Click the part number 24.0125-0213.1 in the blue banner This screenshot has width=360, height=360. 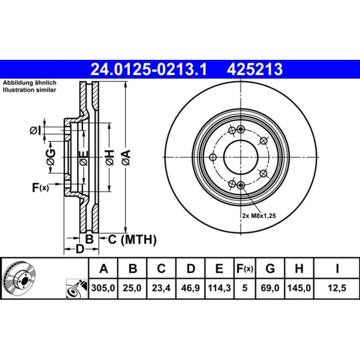[149, 69]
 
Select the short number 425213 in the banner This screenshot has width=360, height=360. [255, 69]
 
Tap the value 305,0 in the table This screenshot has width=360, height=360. [103, 288]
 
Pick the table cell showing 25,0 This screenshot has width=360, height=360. [132, 288]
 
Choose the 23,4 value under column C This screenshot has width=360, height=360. [161, 288]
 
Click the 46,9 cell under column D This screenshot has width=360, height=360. [190, 288]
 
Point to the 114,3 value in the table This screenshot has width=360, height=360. [219, 288]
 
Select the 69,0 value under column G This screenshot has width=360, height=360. [270, 288]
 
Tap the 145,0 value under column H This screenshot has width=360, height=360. [299, 288]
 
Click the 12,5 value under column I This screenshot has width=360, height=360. [337, 288]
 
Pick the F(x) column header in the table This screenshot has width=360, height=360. [245, 268]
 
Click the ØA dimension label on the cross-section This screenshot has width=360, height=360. [126, 157]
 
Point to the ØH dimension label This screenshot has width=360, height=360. [110, 157]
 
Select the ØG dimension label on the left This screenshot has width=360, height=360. [51, 157]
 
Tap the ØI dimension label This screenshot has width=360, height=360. [36, 130]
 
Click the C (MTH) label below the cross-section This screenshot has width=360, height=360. [132, 240]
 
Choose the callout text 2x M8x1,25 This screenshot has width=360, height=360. [259, 216]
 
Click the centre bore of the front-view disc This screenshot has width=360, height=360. [241, 157]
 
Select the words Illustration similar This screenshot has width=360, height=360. [29, 90]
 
